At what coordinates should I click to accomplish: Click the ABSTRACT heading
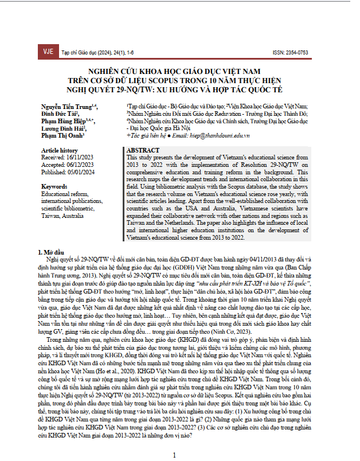click(139, 150)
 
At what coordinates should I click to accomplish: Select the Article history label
click(59, 150)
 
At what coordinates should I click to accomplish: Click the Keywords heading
click(55, 187)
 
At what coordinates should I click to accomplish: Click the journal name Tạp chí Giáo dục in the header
click(81, 52)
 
